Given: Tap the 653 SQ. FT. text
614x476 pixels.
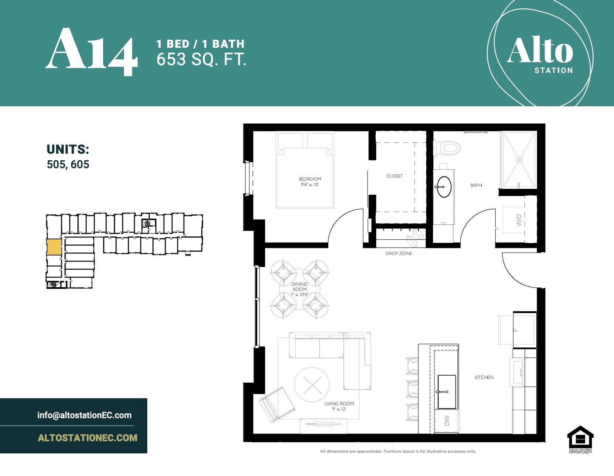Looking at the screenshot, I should pos(201,59).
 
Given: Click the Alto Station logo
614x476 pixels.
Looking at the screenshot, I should pos(540,54).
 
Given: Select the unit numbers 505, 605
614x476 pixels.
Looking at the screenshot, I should pos(68,164).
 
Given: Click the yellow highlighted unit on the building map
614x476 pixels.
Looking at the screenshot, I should pos(54,247).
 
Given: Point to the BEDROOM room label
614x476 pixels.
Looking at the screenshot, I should pos(310,179).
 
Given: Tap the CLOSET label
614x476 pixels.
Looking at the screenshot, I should pos(395,176).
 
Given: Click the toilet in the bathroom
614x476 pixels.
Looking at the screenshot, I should pos(449,148).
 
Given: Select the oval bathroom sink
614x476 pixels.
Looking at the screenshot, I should pos(444,187).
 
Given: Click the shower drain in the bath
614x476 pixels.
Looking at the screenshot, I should pos(519,160).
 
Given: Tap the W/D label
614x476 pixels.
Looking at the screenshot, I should pos(519,220).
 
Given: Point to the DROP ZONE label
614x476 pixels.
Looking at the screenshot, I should pos(399,254).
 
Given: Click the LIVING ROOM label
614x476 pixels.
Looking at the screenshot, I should pos(339,404).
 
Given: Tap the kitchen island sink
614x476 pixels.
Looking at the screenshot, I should pos(447,392).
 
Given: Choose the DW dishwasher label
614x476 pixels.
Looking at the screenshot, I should pos(447,420).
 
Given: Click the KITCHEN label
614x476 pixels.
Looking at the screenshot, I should pos(484,377).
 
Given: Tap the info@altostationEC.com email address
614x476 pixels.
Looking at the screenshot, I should pos(84,415).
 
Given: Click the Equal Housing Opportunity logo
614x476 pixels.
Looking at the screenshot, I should pos(580,439).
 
